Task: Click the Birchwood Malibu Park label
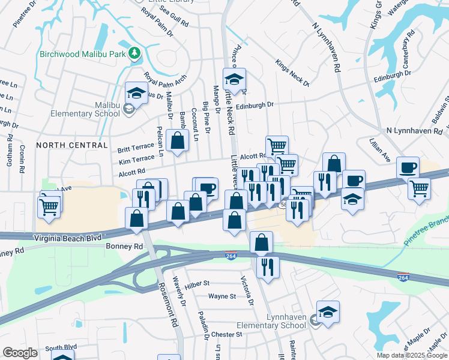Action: [83, 53]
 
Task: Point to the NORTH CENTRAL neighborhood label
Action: [71, 145]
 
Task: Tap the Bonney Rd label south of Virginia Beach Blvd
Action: [124, 246]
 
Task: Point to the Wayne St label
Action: [222, 296]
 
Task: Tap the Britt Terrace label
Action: [136, 148]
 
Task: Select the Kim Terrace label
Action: [136, 160]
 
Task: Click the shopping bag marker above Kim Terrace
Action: [177, 142]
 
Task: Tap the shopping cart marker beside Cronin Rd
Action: [49, 208]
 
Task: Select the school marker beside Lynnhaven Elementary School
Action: [328, 312]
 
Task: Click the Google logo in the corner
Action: [20, 353]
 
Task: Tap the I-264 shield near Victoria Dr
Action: [231, 256]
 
